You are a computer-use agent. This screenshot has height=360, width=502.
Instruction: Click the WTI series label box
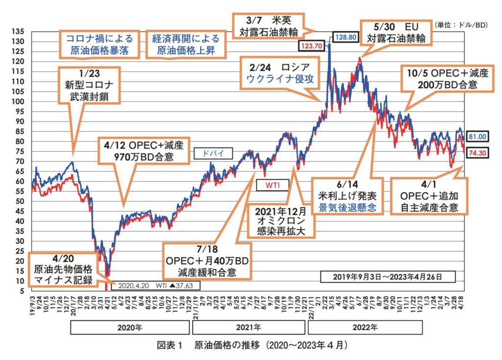[272, 185]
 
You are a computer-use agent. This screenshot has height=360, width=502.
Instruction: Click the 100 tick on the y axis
[20, 101]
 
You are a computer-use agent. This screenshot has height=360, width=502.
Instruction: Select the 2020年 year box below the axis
[129, 327]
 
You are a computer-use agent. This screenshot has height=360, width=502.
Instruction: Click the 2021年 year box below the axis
[248, 327]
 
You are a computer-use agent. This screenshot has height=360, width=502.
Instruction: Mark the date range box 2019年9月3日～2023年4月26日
[387, 276]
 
